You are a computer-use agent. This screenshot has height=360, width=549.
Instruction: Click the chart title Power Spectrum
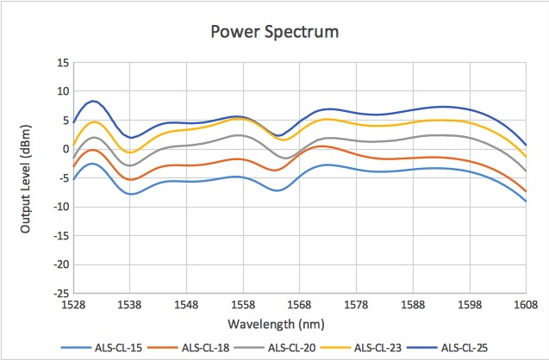click(x=275, y=32)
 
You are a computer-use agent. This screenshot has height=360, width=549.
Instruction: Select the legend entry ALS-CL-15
click(x=102, y=348)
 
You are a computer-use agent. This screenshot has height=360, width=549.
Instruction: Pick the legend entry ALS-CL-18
click(x=189, y=348)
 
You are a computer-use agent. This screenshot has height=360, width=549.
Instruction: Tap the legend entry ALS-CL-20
click(x=275, y=348)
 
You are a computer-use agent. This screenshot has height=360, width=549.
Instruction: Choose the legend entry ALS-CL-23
click(x=361, y=348)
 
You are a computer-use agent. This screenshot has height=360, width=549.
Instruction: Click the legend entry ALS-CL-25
click(x=447, y=348)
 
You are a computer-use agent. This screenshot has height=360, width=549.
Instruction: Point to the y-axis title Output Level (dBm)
click(x=25, y=179)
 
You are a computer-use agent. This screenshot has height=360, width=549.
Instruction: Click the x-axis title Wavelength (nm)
click(x=276, y=325)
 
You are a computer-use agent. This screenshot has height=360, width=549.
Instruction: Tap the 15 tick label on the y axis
click(x=64, y=64)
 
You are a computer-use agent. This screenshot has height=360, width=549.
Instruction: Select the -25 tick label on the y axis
click(x=62, y=294)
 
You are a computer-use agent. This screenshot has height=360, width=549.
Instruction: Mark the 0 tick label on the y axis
click(x=66, y=149)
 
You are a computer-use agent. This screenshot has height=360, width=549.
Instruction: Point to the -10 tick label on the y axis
click(x=62, y=207)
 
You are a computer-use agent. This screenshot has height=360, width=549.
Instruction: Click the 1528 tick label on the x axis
click(x=73, y=305)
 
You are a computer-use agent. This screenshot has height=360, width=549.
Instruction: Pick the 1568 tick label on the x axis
click(x=299, y=305)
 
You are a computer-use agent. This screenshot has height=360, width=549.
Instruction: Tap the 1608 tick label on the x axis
click(x=526, y=305)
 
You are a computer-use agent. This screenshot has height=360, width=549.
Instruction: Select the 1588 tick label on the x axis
click(x=413, y=305)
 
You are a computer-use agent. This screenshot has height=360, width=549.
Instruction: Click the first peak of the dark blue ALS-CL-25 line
click(x=93, y=101)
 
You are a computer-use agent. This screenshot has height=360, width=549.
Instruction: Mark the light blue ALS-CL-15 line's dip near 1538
click(x=132, y=194)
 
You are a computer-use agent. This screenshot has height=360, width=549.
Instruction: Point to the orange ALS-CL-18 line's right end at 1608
click(x=526, y=191)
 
